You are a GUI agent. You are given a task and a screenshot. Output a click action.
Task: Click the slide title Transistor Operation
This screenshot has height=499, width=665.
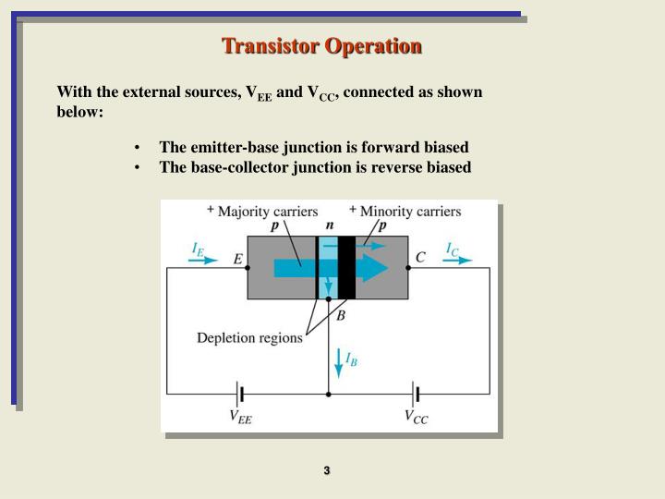click(x=321, y=45)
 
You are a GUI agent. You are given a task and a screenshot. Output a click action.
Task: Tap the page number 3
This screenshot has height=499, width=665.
click(x=327, y=471)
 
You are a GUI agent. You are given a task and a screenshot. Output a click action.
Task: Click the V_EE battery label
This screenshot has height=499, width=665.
click(x=240, y=418)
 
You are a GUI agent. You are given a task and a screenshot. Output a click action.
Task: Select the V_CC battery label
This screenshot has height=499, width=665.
click(x=416, y=417)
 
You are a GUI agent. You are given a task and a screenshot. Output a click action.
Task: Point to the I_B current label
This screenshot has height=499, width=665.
click(x=351, y=359)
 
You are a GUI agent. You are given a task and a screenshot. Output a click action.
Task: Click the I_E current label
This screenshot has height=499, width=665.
click(x=198, y=249)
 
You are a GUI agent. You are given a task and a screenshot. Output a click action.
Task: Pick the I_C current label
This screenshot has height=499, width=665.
click(x=453, y=249)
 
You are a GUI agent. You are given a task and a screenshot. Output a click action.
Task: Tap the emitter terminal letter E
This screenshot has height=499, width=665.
click(x=237, y=260)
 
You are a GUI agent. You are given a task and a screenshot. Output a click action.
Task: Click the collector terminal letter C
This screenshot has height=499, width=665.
click(x=420, y=258)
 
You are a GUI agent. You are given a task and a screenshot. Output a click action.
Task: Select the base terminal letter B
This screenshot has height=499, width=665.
click(x=341, y=315)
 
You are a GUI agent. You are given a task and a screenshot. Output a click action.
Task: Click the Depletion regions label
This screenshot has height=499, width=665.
click(x=249, y=337)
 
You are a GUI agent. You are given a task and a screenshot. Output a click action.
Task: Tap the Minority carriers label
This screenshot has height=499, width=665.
click(x=410, y=212)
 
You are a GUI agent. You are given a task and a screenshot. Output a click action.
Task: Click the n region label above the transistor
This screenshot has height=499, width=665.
click(x=330, y=225)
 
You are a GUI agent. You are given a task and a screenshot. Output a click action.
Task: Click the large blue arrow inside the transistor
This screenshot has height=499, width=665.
click(x=332, y=268)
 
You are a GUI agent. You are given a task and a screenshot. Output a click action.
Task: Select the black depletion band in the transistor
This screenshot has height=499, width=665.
click(x=346, y=268)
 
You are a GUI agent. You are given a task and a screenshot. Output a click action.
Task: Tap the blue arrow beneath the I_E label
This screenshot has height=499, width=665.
click(x=202, y=261)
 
